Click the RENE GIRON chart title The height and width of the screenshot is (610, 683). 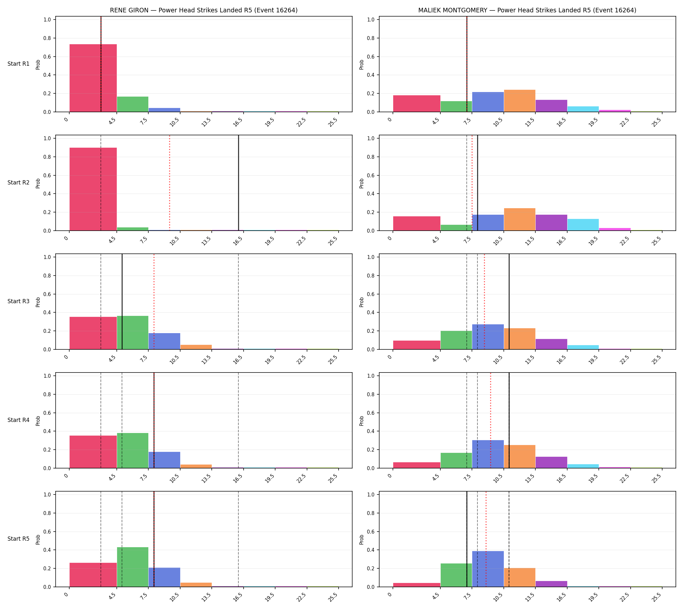pyautogui.click(x=204, y=10)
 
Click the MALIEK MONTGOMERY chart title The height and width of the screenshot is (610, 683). pyautogui.click(x=527, y=10)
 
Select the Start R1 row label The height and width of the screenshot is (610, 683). pyautogui.click(x=19, y=64)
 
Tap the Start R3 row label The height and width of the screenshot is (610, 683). pyautogui.click(x=19, y=301)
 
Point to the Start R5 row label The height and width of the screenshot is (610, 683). pyautogui.click(x=19, y=539)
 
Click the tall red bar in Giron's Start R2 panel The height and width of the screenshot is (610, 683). pyautogui.click(x=93, y=189)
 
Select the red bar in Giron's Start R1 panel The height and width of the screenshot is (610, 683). pyautogui.click(x=93, y=78)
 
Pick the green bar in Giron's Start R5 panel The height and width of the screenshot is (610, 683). pyautogui.click(x=133, y=567)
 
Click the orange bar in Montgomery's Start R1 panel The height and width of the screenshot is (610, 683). pyautogui.click(x=519, y=101)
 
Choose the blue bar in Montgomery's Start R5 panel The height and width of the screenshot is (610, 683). pyautogui.click(x=488, y=569)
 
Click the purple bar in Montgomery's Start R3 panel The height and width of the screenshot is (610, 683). pyautogui.click(x=551, y=344)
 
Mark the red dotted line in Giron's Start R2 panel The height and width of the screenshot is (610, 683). pyautogui.click(x=169, y=183)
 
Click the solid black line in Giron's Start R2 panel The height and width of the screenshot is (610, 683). pyautogui.click(x=239, y=183)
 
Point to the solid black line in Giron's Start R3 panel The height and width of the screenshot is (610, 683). pyautogui.click(x=122, y=302)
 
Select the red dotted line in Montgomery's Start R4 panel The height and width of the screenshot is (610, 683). pyautogui.click(x=491, y=420)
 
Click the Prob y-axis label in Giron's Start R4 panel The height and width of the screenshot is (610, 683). pyautogui.click(x=38, y=421)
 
